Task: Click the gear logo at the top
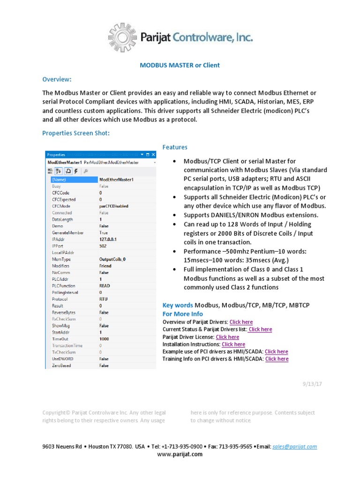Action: (x=124, y=37)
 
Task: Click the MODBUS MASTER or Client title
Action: (x=180, y=65)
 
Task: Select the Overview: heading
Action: (x=57, y=79)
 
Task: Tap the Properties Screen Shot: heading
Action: (x=76, y=133)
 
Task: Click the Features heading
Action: (x=175, y=147)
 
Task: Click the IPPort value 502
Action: (x=103, y=246)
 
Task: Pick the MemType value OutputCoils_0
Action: (x=112, y=259)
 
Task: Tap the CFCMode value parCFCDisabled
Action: (x=113, y=206)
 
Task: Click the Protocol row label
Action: (x=60, y=299)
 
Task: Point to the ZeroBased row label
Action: (x=61, y=365)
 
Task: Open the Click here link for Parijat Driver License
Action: (x=227, y=337)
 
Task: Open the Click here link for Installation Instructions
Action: (x=233, y=344)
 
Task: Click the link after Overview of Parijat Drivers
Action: (x=241, y=322)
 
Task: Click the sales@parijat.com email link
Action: (x=294, y=447)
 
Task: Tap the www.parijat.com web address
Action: (x=180, y=454)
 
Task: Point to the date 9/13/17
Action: (x=313, y=383)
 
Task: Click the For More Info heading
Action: (x=182, y=314)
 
